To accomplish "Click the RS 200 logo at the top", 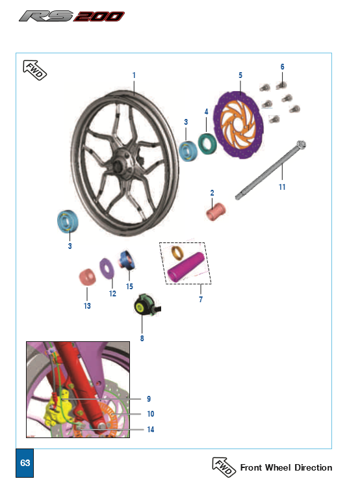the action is pyautogui.click(x=71, y=16).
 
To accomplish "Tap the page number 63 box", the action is pyautogui.click(x=25, y=463).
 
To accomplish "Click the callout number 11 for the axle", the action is pyautogui.click(x=282, y=187).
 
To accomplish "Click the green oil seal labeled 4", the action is pyautogui.click(x=207, y=143).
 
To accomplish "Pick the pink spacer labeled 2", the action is pyautogui.click(x=216, y=211).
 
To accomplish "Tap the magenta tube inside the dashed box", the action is pyautogui.click(x=186, y=268).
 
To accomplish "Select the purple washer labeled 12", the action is pyautogui.click(x=107, y=268).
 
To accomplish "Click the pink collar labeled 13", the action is pyautogui.click(x=87, y=277).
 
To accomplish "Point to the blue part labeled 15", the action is pyautogui.click(x=126, y=260).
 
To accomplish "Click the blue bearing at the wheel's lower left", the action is pyautogui.click(x=68, y=221).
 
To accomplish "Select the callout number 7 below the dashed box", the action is pyautogui.click(x=201, y=300).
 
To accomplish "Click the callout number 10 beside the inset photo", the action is pyautogui.click(x=151, y=414).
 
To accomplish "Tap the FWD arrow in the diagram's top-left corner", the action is pyautogui.click(x=35, y=70).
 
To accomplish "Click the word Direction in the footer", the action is pyautogui.click(x=313, y=467).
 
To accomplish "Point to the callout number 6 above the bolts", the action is pyautogui.click(x=283, y=67).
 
